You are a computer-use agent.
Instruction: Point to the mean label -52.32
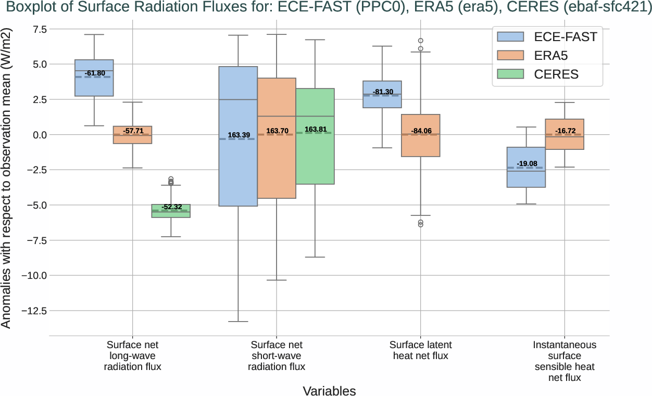tap(171, 207)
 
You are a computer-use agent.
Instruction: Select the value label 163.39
tap(239, 135)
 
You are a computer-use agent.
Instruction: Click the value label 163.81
tap(316, 130)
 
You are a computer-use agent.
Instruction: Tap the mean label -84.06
tap(421, 131)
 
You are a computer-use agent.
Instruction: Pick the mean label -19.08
tap(526, 164)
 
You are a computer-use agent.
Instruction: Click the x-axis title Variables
tap(329, 391)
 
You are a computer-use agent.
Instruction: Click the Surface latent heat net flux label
tap(420, 350)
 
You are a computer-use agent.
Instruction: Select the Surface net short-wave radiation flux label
tap(276, 356)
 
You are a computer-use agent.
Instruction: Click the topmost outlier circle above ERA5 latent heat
tap(421, 41)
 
